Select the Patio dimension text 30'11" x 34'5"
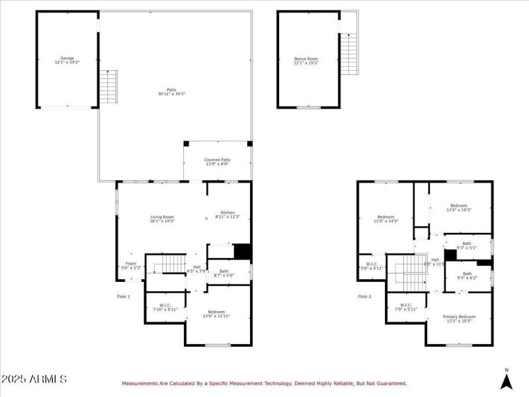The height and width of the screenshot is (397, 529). (171, 95)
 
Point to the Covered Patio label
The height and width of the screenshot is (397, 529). (217, 161)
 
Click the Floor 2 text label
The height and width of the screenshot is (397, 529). (365, 296)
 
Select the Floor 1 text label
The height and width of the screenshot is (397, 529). (124, 296)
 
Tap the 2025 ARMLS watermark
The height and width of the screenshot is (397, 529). (34, 380)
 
